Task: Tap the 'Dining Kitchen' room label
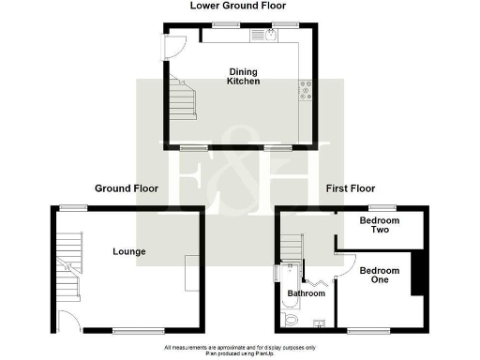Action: click(243, 76)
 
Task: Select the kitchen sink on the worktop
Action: click(268, 36)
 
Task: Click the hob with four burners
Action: click(306, 90)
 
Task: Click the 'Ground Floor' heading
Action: click(127, 188)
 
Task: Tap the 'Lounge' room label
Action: click(128, 251)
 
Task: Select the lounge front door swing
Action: click(67, 321)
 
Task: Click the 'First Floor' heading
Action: click(351, 188)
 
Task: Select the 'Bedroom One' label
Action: click(380, 276)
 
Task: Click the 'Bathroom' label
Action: click(306, 293)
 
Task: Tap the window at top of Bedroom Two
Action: click(380, 207)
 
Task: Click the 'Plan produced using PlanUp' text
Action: click(240, 353)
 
